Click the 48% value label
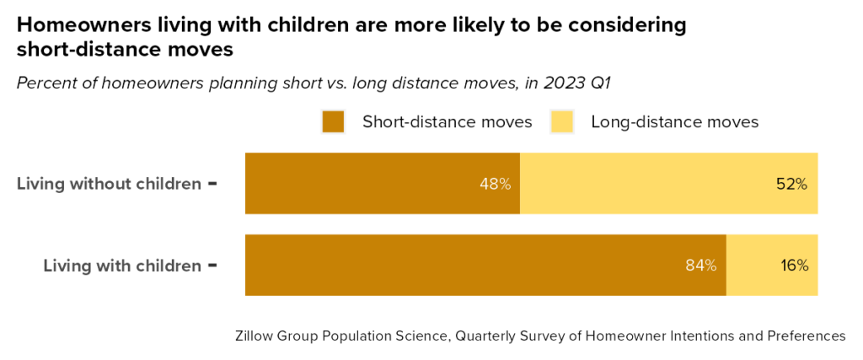pos(495,183)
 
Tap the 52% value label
pos(791,183)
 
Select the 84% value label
pos(700,266)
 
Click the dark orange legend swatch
pos(334,122)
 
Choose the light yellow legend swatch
pos(562,122)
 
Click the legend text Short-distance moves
pos(447,122)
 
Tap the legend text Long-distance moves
pos(674,122)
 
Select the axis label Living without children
pos(109,183)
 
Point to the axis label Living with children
pos(122,266)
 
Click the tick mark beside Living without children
pos(212,183)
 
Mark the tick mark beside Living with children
pos(212,266)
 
